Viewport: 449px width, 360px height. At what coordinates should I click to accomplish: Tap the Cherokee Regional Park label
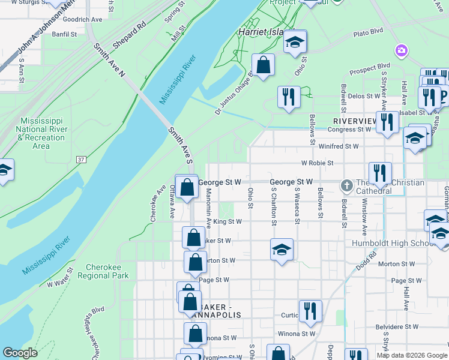[x=107, y=271]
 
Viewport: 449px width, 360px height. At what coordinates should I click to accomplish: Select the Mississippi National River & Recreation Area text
[x=41, y=133]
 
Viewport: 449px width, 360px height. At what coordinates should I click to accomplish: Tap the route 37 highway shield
[x=81, y=160]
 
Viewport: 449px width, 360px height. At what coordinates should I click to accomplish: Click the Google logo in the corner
[x=20, y=353]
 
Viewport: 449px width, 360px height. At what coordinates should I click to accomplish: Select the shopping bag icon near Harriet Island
[x=263, y=65]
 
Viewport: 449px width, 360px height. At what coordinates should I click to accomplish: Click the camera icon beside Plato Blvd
[x=401, y=50]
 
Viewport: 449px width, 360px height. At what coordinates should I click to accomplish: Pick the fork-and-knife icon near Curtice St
[x=310, y=310]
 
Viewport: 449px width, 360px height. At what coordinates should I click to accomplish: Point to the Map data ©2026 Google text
[x=412, y=355]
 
